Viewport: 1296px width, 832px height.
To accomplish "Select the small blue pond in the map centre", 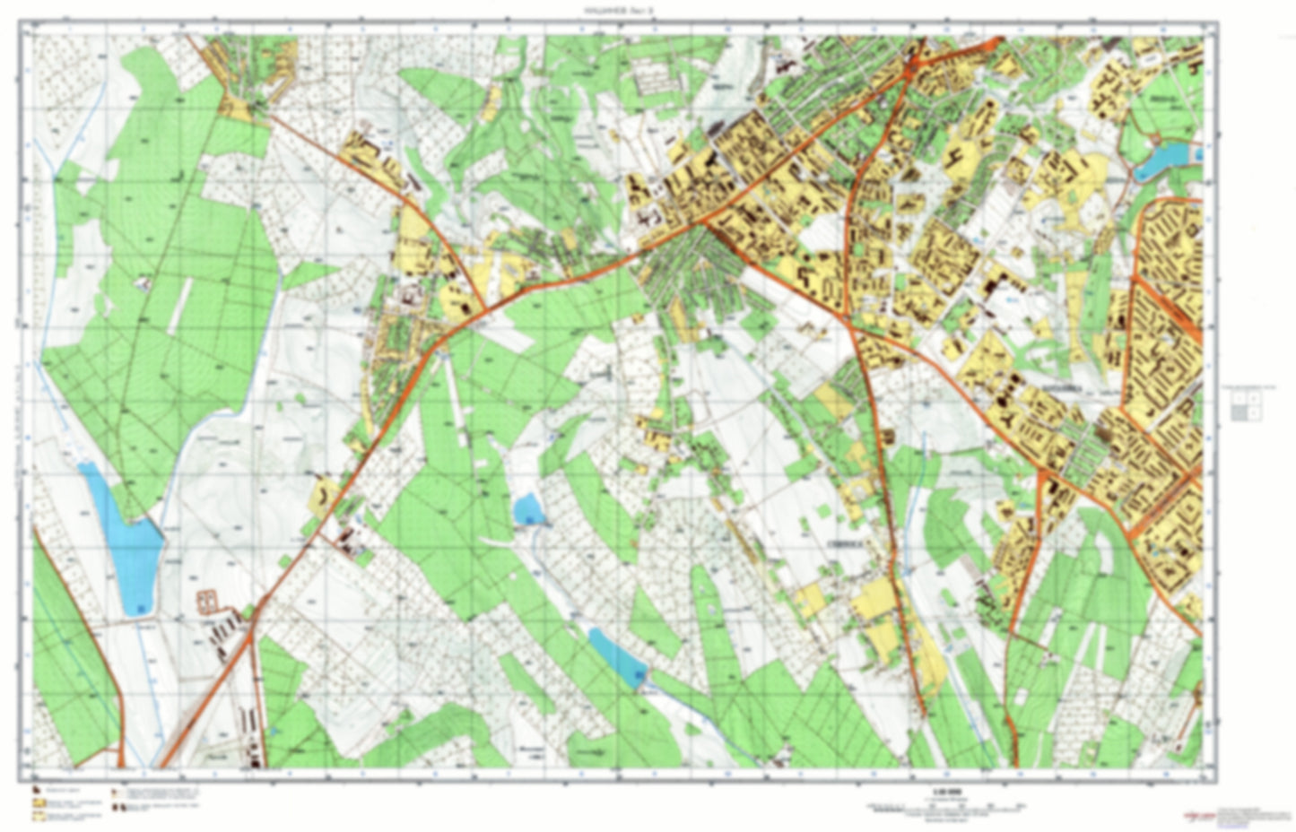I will click(528, 508).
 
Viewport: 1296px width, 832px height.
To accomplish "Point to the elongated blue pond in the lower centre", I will click(617, 657).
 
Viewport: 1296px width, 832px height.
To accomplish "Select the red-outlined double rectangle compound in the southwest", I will click(208, 599).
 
